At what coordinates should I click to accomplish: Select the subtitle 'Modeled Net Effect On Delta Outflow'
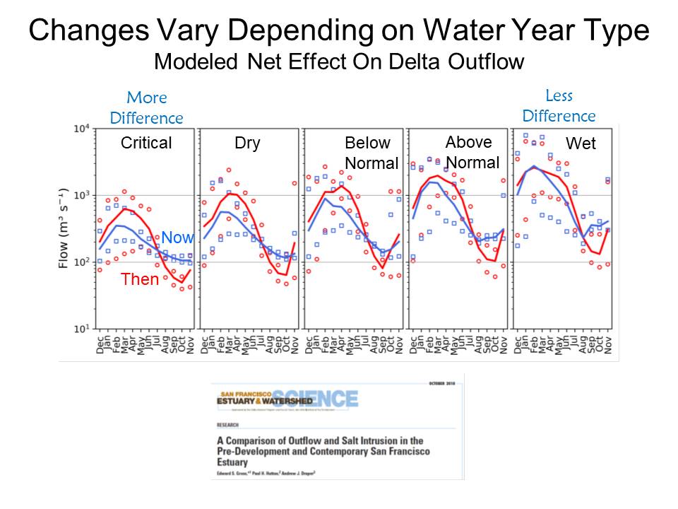(338, 62)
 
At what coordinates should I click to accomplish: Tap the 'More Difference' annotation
(146, 107)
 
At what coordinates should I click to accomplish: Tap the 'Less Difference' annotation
(559, 105)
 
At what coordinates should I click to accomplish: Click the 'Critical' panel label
(146, 143)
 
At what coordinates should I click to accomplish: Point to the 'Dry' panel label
(247, 144)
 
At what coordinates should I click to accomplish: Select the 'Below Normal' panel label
(367, 152)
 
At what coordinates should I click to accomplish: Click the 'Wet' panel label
(581, 144)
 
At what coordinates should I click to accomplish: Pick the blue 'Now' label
(177, 238)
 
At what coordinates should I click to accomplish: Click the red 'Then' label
(140, 279)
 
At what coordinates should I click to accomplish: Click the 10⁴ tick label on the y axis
(81, 129)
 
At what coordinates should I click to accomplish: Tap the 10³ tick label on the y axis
(81, 196)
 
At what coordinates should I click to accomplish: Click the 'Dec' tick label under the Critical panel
(100, 344)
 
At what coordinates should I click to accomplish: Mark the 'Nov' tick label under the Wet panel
(608, 344)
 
